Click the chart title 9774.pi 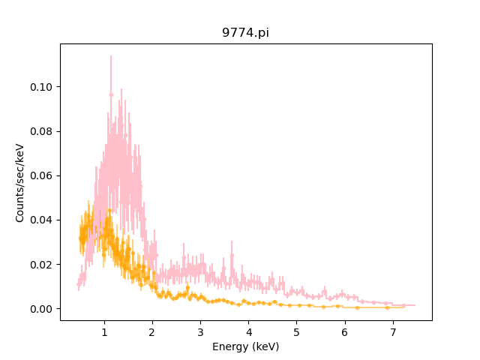[x=246, y=33]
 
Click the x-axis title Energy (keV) [x=246, y=346]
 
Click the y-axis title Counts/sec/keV [x=20, y=182]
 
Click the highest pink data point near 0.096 [x=111, y=94]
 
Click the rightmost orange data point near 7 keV [x=387, y=307]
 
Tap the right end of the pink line [x=414, y=305]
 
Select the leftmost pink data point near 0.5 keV [x=79, y=285]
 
